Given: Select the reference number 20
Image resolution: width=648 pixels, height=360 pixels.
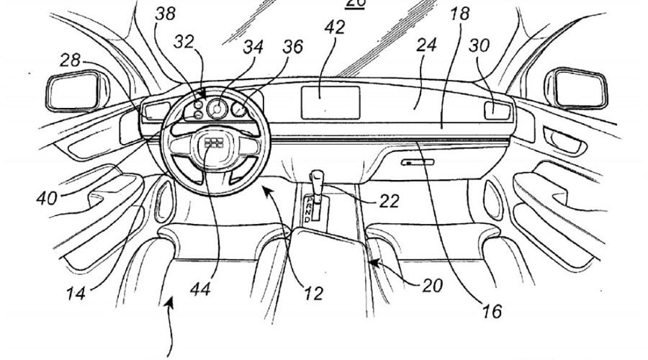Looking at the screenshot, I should point(432,286).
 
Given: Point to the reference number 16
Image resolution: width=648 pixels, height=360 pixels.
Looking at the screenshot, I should point(492,311).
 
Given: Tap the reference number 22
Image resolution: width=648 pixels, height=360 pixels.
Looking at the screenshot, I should point(389,203).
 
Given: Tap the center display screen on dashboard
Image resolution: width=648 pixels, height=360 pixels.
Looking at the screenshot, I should point(329,102).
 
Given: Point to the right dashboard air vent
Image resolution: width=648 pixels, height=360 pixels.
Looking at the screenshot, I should point(497,110).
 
